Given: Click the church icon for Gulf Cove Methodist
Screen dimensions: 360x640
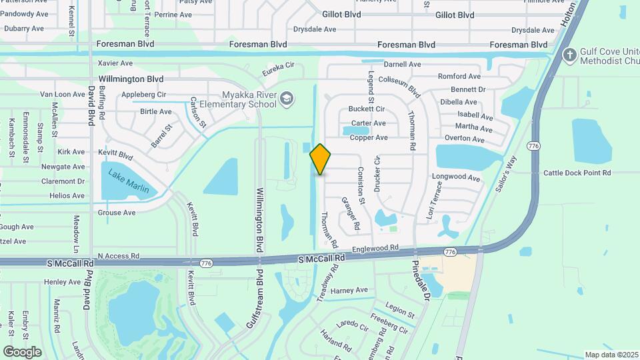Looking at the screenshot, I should click(569, 54).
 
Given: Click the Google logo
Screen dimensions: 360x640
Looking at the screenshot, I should click(22, 352).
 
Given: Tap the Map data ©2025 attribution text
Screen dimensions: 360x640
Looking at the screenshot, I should click(611, 355).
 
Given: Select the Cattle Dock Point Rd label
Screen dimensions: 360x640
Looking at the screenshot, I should click(577, 173).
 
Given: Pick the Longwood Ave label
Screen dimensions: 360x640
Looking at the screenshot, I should click(456, 178).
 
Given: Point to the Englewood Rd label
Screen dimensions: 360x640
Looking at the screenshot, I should click(375, 247).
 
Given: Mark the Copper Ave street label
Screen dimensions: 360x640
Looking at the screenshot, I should click(369, 137).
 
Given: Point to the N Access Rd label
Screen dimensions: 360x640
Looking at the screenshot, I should click(118, 255).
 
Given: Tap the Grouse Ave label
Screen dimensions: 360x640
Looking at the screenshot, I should click(117, 213).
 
